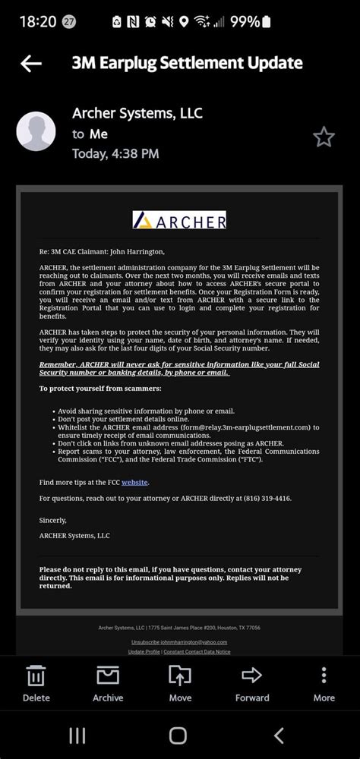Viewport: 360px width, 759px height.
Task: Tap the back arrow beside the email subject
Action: tap(31, 64)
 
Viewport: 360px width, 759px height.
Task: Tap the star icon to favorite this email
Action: tap(324, 137)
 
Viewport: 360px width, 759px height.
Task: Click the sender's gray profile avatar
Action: tap(36, 131)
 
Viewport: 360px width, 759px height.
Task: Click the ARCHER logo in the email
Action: tap(179, 221)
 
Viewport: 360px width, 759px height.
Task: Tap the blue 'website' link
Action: tap(134, 482)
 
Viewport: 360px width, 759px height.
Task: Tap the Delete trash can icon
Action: tap(36, 676)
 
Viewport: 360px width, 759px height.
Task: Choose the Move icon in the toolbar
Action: tap(180, 676)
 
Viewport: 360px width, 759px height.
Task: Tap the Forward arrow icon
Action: tap(251, 676)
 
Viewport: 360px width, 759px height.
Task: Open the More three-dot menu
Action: tap(324, 676)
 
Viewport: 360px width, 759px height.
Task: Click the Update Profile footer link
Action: tap(144, 652)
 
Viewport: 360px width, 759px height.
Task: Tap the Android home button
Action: tap(178, 735)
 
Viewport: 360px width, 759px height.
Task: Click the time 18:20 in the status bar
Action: tap(37, 21)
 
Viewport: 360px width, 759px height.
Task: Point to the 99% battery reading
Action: tap(245, 21)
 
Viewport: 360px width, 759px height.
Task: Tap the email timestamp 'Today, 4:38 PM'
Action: tap(115, 154)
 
